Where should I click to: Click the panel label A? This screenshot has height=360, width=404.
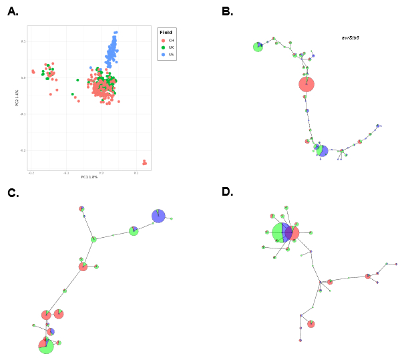(13, 11)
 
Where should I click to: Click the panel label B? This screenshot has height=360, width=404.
(227, 11)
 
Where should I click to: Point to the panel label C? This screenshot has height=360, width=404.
(13, 194)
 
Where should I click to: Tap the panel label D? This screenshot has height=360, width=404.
(228, 192)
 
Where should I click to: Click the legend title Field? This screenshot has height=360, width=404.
(166, 32)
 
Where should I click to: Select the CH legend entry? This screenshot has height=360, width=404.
(171, 40)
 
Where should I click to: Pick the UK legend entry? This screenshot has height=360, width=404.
(171, 47)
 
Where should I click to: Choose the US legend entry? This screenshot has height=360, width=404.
(171, 55)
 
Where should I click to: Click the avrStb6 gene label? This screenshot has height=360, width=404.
(350, 38)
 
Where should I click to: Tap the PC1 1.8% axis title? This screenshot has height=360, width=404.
(89, 177)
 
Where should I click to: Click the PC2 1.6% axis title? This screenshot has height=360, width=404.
(17, 98)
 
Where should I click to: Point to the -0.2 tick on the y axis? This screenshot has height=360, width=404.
(23, 150)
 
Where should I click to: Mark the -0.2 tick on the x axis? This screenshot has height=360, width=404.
(31, 173)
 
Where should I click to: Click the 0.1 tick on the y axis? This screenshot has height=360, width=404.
(23, 41)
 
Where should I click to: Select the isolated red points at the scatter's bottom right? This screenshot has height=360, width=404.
(144, 162)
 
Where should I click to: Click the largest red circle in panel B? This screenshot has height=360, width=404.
(307, 84)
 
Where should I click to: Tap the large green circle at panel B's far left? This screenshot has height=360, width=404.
(258, 47)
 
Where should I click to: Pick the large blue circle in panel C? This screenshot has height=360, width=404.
(158, 216)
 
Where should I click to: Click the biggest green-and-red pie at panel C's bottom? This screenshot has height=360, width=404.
(45, 345)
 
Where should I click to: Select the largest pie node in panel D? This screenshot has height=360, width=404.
(280, 232)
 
